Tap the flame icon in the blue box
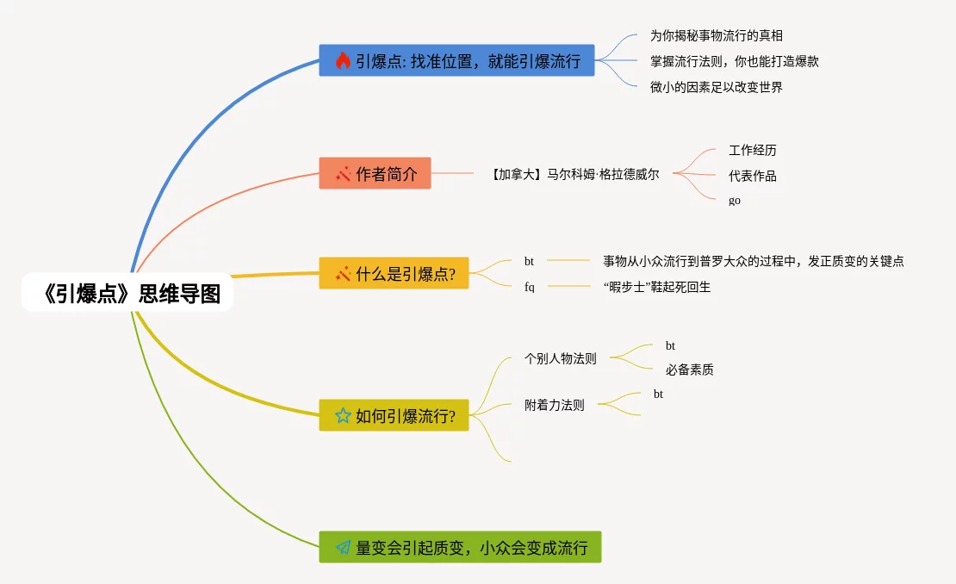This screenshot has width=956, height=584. [343, 60]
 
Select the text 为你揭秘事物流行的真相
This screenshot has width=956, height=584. [717, 35]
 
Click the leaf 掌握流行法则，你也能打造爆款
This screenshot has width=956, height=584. [734, 61]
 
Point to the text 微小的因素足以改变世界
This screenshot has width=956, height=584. [717, 87]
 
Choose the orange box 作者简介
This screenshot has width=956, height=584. [375, 173]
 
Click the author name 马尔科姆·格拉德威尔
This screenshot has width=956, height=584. [603, 174]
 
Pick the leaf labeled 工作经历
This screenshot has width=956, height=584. [753, 150]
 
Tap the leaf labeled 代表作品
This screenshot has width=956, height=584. [753, 177]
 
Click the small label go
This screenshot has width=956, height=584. [735, 201]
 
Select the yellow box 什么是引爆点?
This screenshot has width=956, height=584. [394, 273]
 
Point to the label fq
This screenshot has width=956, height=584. [529, 287]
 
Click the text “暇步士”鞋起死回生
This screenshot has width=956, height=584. [657, 287]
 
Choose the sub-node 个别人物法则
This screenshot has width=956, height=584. [561, 358]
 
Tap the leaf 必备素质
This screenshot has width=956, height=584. [690, 370]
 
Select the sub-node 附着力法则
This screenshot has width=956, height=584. [554, 405]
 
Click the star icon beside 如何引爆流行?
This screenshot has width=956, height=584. [343, 416]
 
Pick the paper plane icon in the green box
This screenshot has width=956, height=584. [343, 547]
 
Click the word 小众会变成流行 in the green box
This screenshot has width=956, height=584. [534, 548]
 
